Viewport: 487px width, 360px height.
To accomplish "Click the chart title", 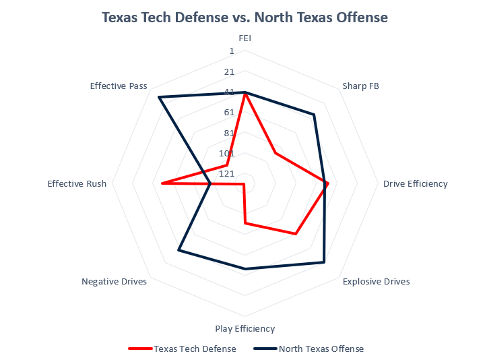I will click(245, 18).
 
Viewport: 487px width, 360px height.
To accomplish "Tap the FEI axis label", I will click(245, 38).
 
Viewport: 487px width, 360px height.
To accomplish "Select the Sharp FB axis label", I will click(360, 86).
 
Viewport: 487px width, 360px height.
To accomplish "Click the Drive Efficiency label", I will click(415, 183).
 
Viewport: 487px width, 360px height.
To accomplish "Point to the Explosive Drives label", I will click(376, 281).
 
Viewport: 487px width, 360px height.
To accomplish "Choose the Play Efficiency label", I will click(245, 328).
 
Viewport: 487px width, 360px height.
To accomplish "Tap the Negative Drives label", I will click(114, 281).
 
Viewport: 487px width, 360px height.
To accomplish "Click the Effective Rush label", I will click(77, 183).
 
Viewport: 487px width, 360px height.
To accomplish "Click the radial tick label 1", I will click(232, 51).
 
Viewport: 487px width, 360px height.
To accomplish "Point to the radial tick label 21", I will click(229, 71).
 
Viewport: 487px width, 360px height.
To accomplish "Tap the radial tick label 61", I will click(229, 112).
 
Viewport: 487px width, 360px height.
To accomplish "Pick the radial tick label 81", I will click(229, 132).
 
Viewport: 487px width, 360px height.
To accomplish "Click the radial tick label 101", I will click(227, 153).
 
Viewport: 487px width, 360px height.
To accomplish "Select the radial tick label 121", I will click(227, 173).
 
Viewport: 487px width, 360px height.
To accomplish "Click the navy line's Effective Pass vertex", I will click(159, 98).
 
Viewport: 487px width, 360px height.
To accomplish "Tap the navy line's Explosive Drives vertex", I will click(324, 262).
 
